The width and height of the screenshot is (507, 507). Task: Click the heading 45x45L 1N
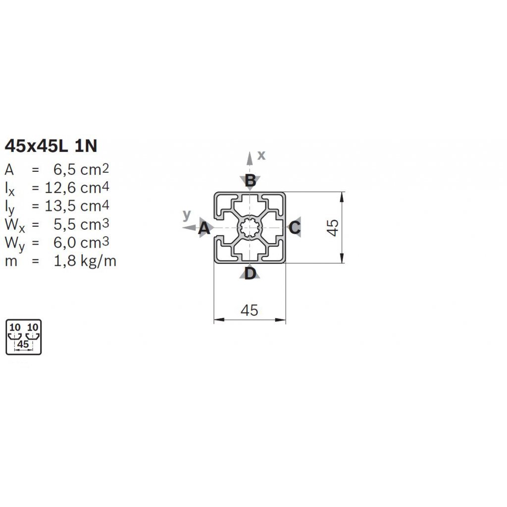coord(51,146)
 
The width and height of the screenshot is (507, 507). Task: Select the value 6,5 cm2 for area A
coord(81,169)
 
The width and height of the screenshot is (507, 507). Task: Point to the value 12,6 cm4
coord(77,188)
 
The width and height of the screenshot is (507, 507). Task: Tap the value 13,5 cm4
coord(77,206)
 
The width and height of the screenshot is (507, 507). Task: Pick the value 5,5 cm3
coord(81,224)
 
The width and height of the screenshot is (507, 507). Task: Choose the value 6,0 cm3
coord(81,243)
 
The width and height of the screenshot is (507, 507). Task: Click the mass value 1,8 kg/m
coord(85,261)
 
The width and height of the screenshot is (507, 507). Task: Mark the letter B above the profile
coord(250,180)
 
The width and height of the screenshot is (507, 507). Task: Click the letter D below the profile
coord(250,273)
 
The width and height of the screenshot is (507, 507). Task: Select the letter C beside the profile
coord(295,228)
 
